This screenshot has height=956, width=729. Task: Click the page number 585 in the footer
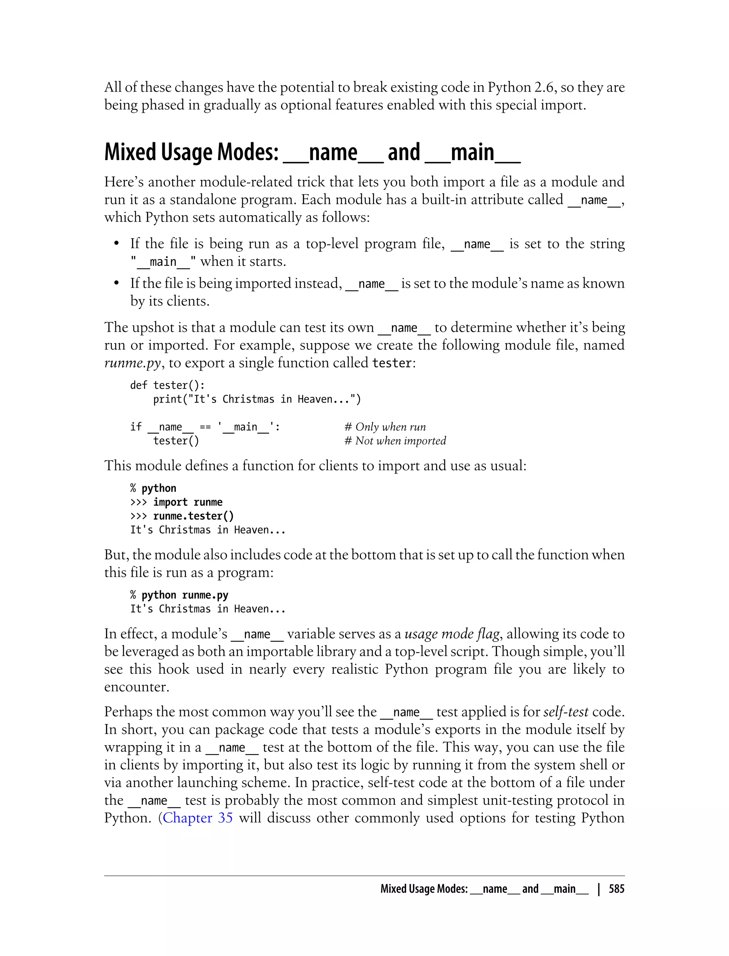coord(616,889)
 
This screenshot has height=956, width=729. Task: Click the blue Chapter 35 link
coord(198,818)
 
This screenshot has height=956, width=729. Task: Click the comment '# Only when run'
coord(385,427)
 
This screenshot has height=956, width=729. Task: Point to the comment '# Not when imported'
coord(395,441)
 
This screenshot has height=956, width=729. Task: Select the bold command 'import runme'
coord(188,502)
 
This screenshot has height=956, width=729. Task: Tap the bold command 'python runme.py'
coord(185,595)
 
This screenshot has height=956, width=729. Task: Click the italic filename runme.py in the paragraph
coord(132,363)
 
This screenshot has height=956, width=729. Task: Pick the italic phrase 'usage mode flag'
coord(452,634)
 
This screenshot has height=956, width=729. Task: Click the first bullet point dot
coord(116,244)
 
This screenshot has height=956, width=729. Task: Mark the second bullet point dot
coord(116,283)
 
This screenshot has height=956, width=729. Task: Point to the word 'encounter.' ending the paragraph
coord(136,687)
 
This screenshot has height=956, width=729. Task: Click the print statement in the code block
coord(257,399)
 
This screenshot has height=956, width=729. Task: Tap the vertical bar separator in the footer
coord(599,889)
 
